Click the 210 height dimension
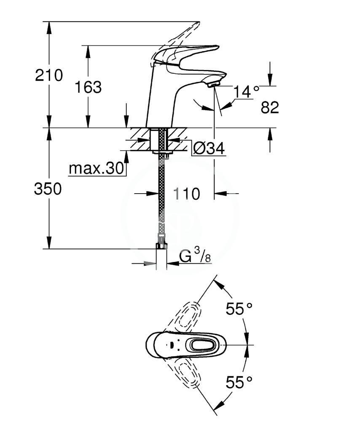[x=49, y=75]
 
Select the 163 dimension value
[x=88, y=87]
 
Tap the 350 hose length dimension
[x=48, y=189]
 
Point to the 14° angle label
[x=246, y=92]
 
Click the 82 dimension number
[x=270, y=107]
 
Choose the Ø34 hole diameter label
[x=209, y=148]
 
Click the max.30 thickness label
[x=97, y=168]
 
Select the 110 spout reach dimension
[x=186, y=194]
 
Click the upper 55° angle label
[x=239, y=308]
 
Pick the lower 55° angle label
[x=239, y=382]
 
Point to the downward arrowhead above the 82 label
[x=270, y=80]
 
